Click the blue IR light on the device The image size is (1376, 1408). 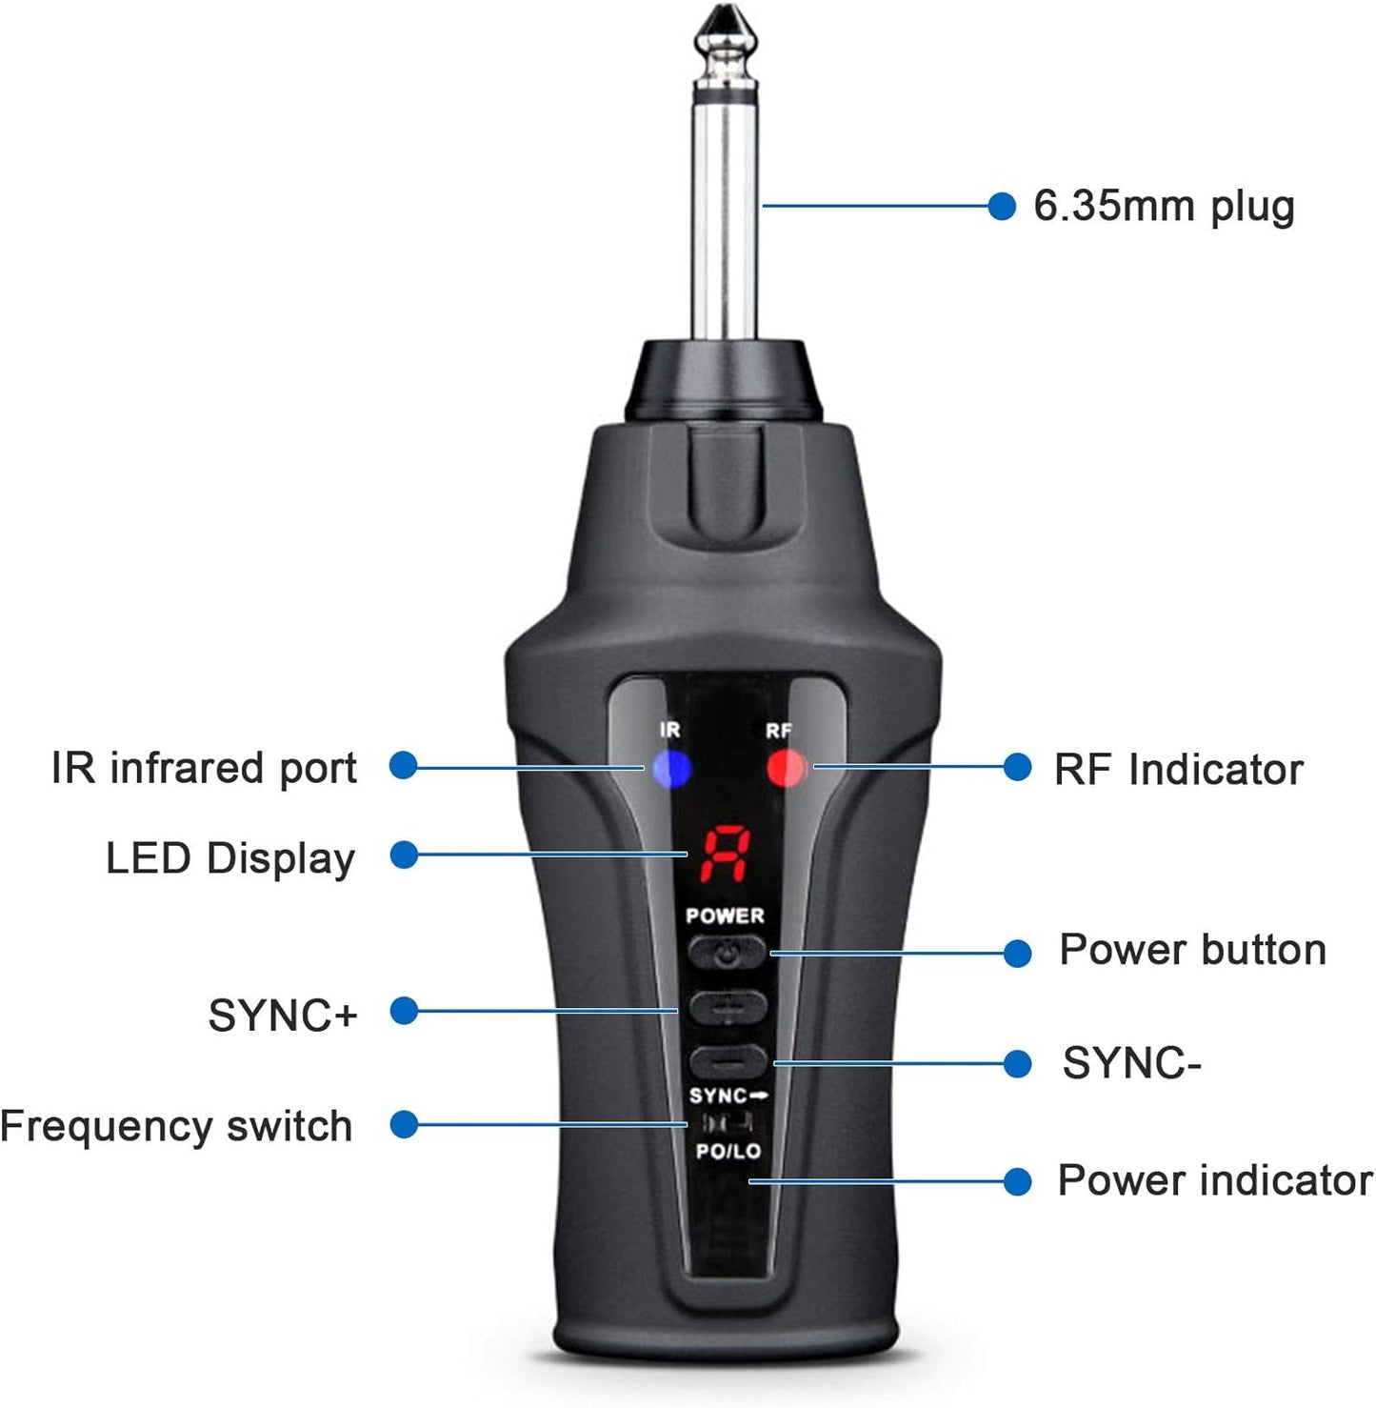pyautogui.click(x=671, y=768)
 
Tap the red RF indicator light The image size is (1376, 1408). pyautogui.click(x=786, y=768)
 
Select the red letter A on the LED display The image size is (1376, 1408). pyautogui.click(x=726, y=854)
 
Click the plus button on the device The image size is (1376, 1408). pyautogui.click(x=728, y=1007)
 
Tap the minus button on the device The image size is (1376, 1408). pyautogui.click(x=728, y=1060)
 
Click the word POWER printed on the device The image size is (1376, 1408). pyautogui.click(x=725, y=915)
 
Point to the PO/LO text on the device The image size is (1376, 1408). pyautogui.click(x=728, y=1151)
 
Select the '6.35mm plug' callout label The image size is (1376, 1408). pyautogui.click(x=1164, y=207)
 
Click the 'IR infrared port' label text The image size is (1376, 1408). pyautogui.click(x=204, y=768)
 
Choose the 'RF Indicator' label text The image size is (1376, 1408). pyautogui.click(x=1178, y=770)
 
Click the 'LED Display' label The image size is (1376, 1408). pyautogui.click(x=229, y=858)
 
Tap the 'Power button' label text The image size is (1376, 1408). pyautogui.click(x=1192, y=950)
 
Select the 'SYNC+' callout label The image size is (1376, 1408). pyautogui.click(x=282, y=1016)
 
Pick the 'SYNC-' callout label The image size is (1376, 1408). pyautogui.click(x=1131, y=1063)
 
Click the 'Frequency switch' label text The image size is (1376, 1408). pyautogui.click(x=176, y=1126)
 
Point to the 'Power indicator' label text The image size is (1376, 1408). pyautogui.click(x=1214, y=1180)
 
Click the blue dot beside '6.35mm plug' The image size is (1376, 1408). pyautogui.click(x=1001, y=206)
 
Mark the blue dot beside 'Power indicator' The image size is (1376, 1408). pyautogui.click(x=1017, y=1181)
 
